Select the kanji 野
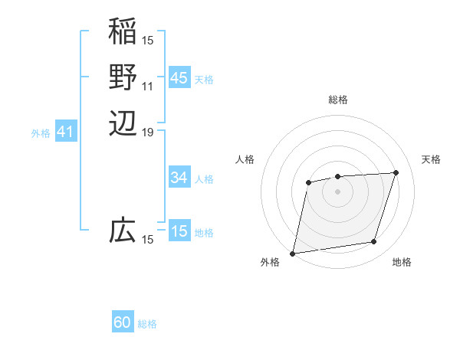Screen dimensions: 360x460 point(123,77)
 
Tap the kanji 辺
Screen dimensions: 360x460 point(123,123)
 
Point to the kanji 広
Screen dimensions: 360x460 point(123,231)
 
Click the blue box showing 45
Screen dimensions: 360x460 point(179,78)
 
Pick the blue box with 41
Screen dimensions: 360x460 point(65,133)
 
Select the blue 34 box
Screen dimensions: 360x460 point(179,178)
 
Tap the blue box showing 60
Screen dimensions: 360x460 point(123,322)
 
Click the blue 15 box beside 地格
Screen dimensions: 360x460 point(179,231)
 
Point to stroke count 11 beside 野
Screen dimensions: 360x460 point(148,86)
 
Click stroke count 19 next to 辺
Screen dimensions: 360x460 point(148,133)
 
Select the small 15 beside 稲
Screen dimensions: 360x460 point(148,40)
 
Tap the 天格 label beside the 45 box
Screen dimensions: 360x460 point(204,80)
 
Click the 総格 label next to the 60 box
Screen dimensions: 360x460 point(147,324)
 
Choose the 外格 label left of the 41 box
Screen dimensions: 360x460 point(41,133)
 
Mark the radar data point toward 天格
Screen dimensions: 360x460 point(396,172)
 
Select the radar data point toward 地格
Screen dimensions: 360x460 point(374,242)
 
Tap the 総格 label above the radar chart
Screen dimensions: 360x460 point(337,100)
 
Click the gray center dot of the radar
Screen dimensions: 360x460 point(337,190)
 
